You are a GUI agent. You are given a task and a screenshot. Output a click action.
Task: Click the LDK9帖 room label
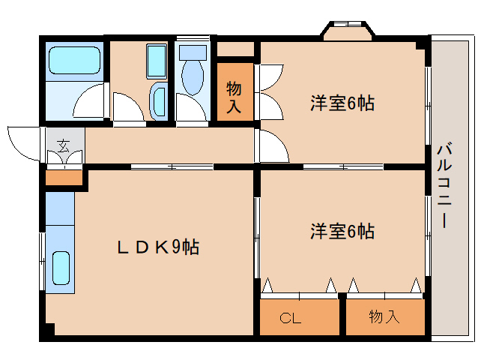point(157,247)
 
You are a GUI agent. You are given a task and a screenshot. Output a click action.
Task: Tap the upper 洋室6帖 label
point(342,103)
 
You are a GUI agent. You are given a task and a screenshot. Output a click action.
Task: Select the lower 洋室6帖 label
point(342,231)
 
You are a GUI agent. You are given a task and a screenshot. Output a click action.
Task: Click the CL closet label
point(291,318)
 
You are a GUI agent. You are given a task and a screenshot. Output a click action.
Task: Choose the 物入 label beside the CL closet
point(384,317)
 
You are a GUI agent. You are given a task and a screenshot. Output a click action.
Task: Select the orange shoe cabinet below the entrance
point(63,178)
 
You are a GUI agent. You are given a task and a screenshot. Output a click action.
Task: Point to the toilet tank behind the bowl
point(193,53)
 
